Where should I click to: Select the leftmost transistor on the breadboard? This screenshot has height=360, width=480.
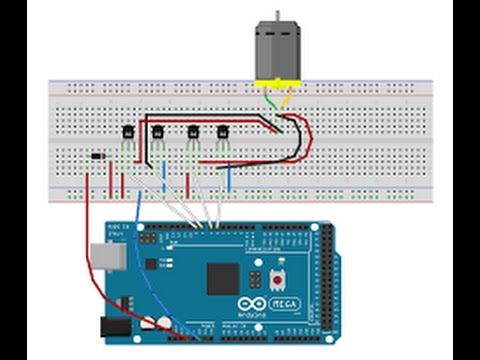tap(128, 132)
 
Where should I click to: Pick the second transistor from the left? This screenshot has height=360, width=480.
tap(157, 132)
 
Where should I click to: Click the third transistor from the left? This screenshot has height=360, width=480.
tap(193, 132)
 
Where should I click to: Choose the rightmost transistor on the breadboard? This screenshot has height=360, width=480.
tap(222, 132)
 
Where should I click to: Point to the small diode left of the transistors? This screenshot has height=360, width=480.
tap(96, 156)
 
